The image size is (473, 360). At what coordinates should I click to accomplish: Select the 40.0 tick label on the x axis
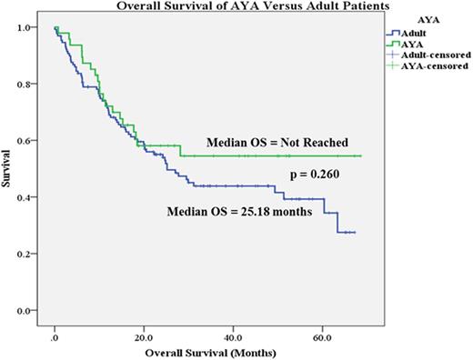point(233,333)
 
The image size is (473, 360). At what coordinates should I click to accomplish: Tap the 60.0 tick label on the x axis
point(322,333)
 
